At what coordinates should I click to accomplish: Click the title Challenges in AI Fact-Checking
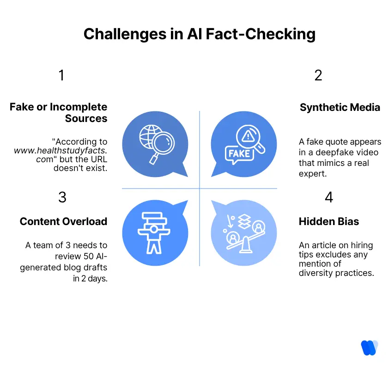click(200, 34)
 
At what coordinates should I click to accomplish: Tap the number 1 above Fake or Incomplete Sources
click(61, 75)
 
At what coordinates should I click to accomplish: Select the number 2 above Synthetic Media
click(318, 75)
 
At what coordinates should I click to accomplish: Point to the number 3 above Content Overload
click(62, 197)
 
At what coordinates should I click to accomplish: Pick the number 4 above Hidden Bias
click(329, 197)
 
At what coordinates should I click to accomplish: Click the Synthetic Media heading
click(339, 108)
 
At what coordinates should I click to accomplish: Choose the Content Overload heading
click(63, 222)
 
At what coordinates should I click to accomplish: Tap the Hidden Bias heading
click(328, 222)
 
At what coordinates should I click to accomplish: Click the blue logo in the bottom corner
click(369, 348)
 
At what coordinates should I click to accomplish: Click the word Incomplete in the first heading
click(78, 108)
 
